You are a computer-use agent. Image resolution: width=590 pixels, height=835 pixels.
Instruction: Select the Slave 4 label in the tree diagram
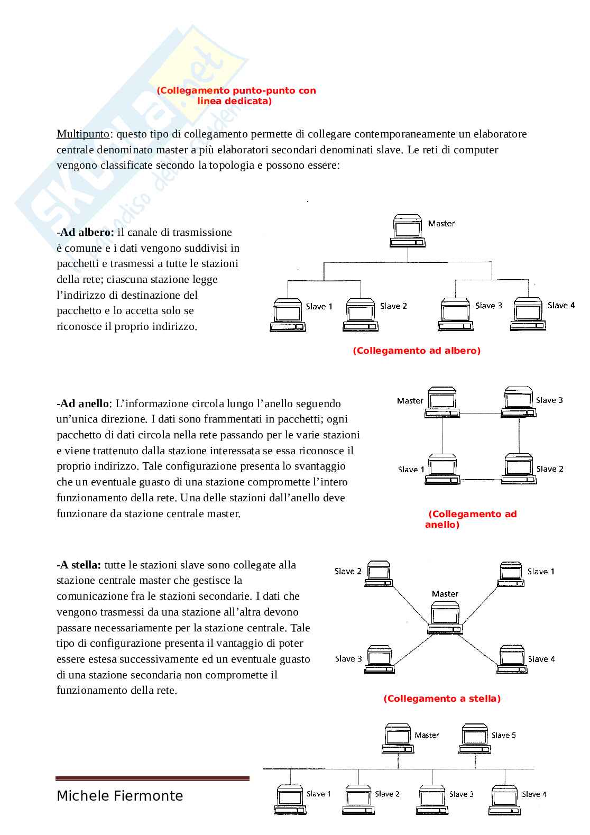(561, 305)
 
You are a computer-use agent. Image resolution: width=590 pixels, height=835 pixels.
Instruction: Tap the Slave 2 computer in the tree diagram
(361, 315)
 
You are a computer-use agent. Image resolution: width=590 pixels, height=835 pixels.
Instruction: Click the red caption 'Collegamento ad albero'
(417, 351)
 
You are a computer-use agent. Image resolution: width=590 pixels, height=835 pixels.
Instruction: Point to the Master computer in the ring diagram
(442, 402)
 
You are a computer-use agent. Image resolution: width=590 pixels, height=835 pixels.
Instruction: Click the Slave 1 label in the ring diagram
(411, 469)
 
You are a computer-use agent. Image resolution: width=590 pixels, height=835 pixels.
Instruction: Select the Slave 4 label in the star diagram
(541, 659)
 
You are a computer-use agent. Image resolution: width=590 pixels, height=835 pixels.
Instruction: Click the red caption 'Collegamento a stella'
(442, 699)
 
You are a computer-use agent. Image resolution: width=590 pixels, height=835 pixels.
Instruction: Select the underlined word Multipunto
(83, 134)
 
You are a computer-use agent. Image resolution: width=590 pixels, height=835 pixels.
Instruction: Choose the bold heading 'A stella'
(80, 565)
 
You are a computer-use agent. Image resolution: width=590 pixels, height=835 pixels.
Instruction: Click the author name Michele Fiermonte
(120, 796)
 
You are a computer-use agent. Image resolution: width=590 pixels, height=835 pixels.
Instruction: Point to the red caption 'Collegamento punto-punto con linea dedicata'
(236, 96)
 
